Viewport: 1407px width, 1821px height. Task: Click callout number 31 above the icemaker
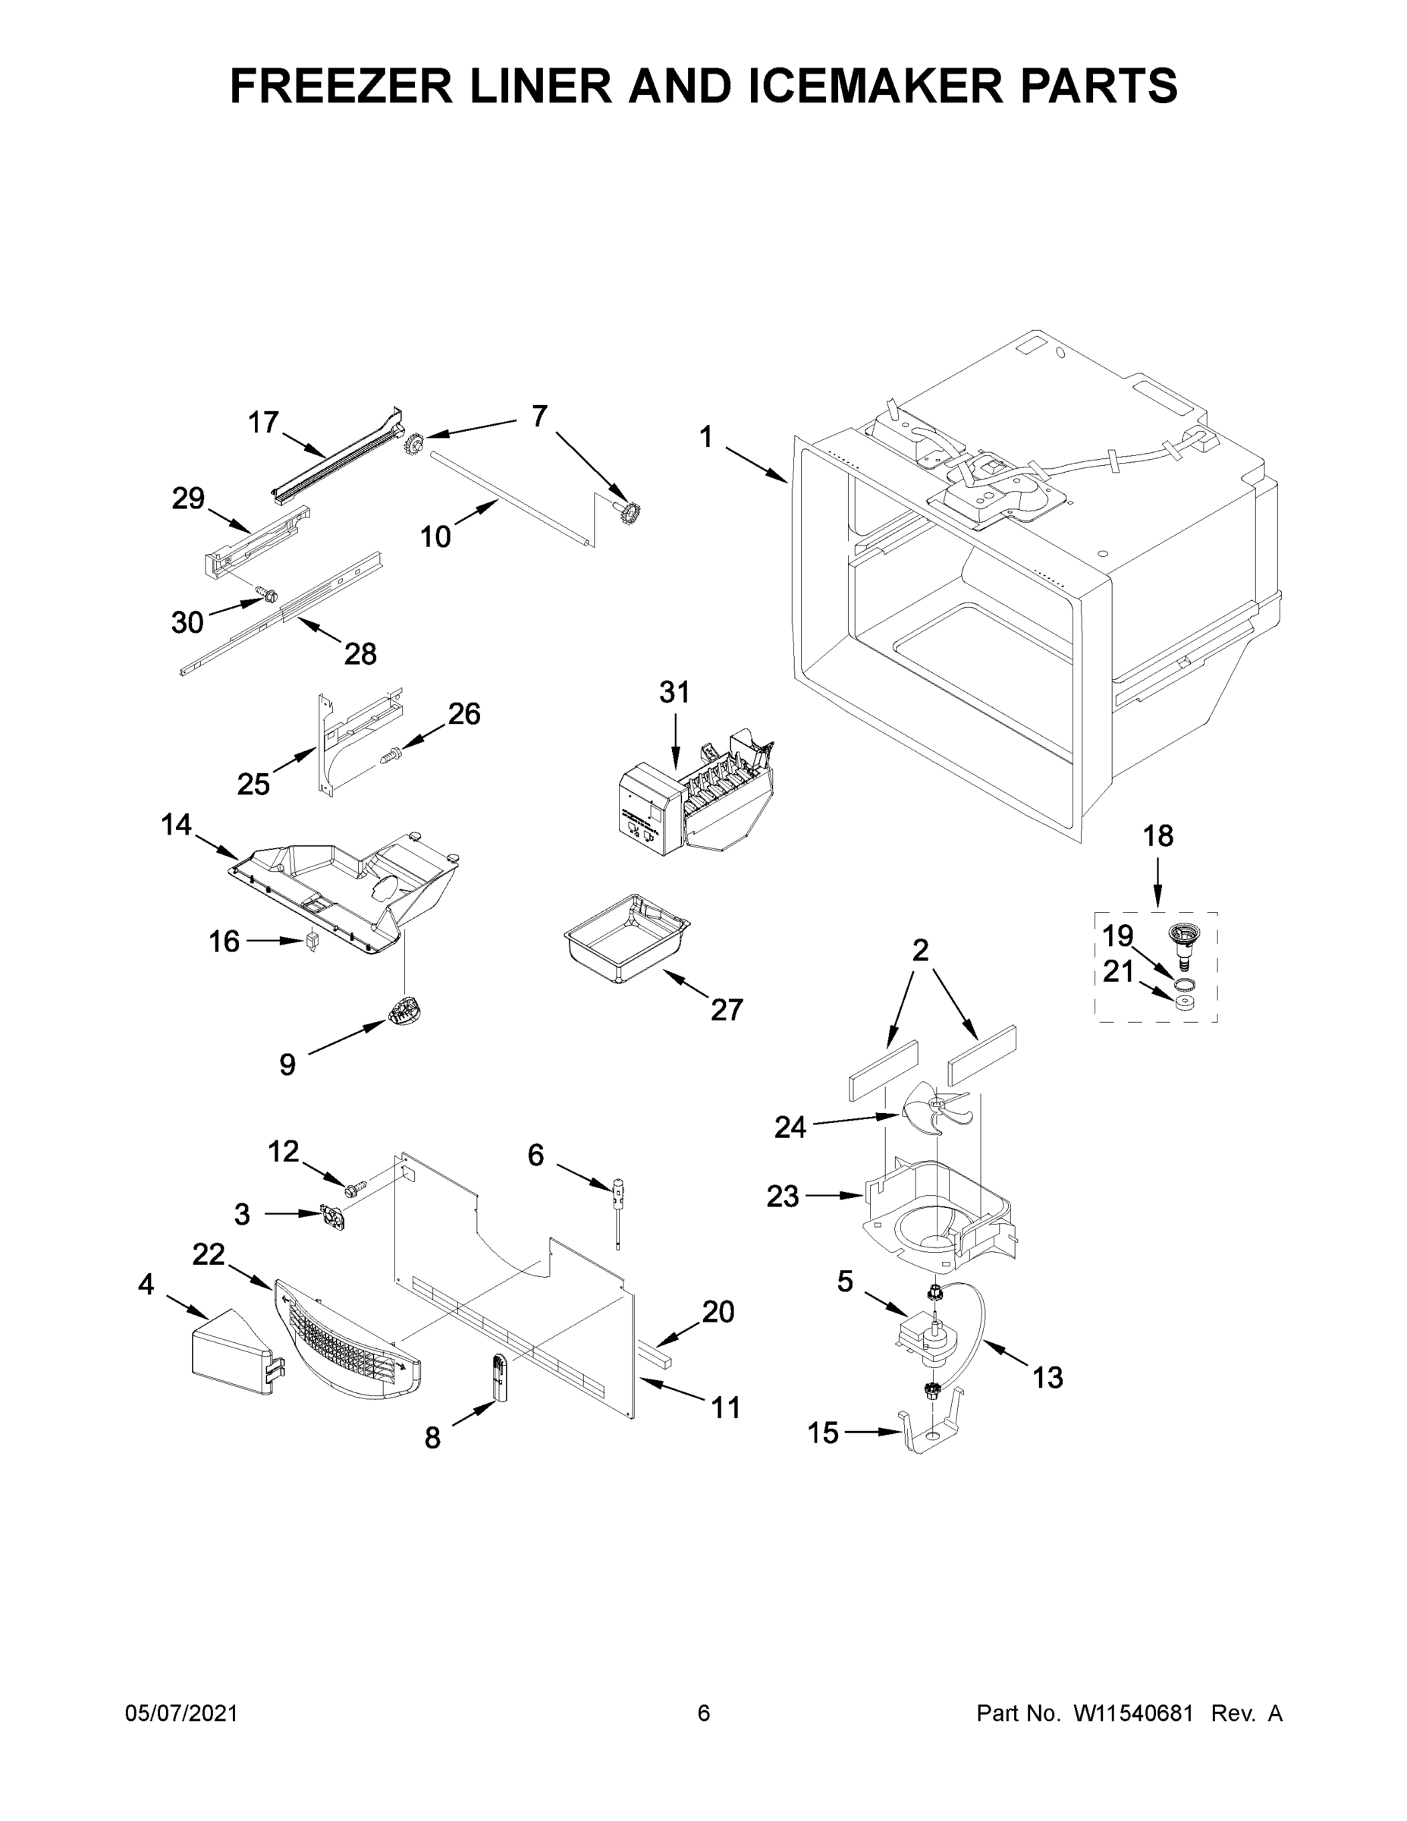point(674,692)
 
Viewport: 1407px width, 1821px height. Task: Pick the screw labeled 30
point(267,596)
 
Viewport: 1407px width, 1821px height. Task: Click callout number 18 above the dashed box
point(1157,836)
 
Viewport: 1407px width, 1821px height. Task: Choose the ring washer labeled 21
point(1183,1002)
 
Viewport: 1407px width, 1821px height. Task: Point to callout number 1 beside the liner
point(706,436)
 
